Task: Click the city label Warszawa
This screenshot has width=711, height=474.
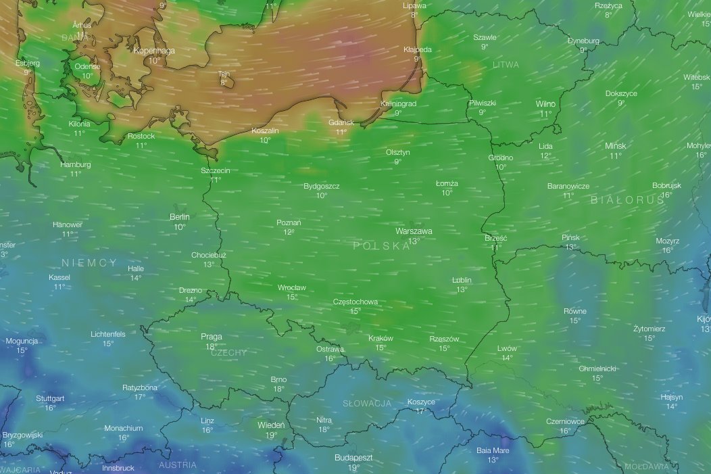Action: pos(414,231)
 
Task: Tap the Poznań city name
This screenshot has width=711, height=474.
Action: pos(289,222)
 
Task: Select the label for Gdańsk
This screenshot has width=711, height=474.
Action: pos(341,122)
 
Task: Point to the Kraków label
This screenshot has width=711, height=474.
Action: pos(381,338)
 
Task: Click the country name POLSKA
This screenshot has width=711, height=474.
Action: pos(381,246)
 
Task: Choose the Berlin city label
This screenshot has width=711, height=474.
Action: pos(179,217)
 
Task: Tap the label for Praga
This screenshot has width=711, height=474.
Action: pos(211,337)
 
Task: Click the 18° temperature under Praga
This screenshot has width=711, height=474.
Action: pos(211,346)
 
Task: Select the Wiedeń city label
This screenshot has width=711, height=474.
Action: pos(271,425)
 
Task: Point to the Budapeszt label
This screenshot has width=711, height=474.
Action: pos(353,458)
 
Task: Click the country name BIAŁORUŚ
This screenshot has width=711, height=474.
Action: pos(627,200)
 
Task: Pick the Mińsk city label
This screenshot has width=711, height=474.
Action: pos(615,146)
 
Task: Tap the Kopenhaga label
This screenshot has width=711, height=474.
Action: pos(155,50)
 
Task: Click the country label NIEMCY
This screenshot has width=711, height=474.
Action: pos(89,262)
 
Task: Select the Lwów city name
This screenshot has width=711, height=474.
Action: pos(507,348)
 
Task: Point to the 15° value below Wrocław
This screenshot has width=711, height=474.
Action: pos(292,297)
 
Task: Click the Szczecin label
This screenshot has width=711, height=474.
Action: pos(215,170)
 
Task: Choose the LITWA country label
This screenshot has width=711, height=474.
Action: pos(506,65)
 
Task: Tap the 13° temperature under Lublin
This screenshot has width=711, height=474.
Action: pos(462,289)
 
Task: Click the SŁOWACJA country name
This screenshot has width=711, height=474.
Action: pos(367,404)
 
